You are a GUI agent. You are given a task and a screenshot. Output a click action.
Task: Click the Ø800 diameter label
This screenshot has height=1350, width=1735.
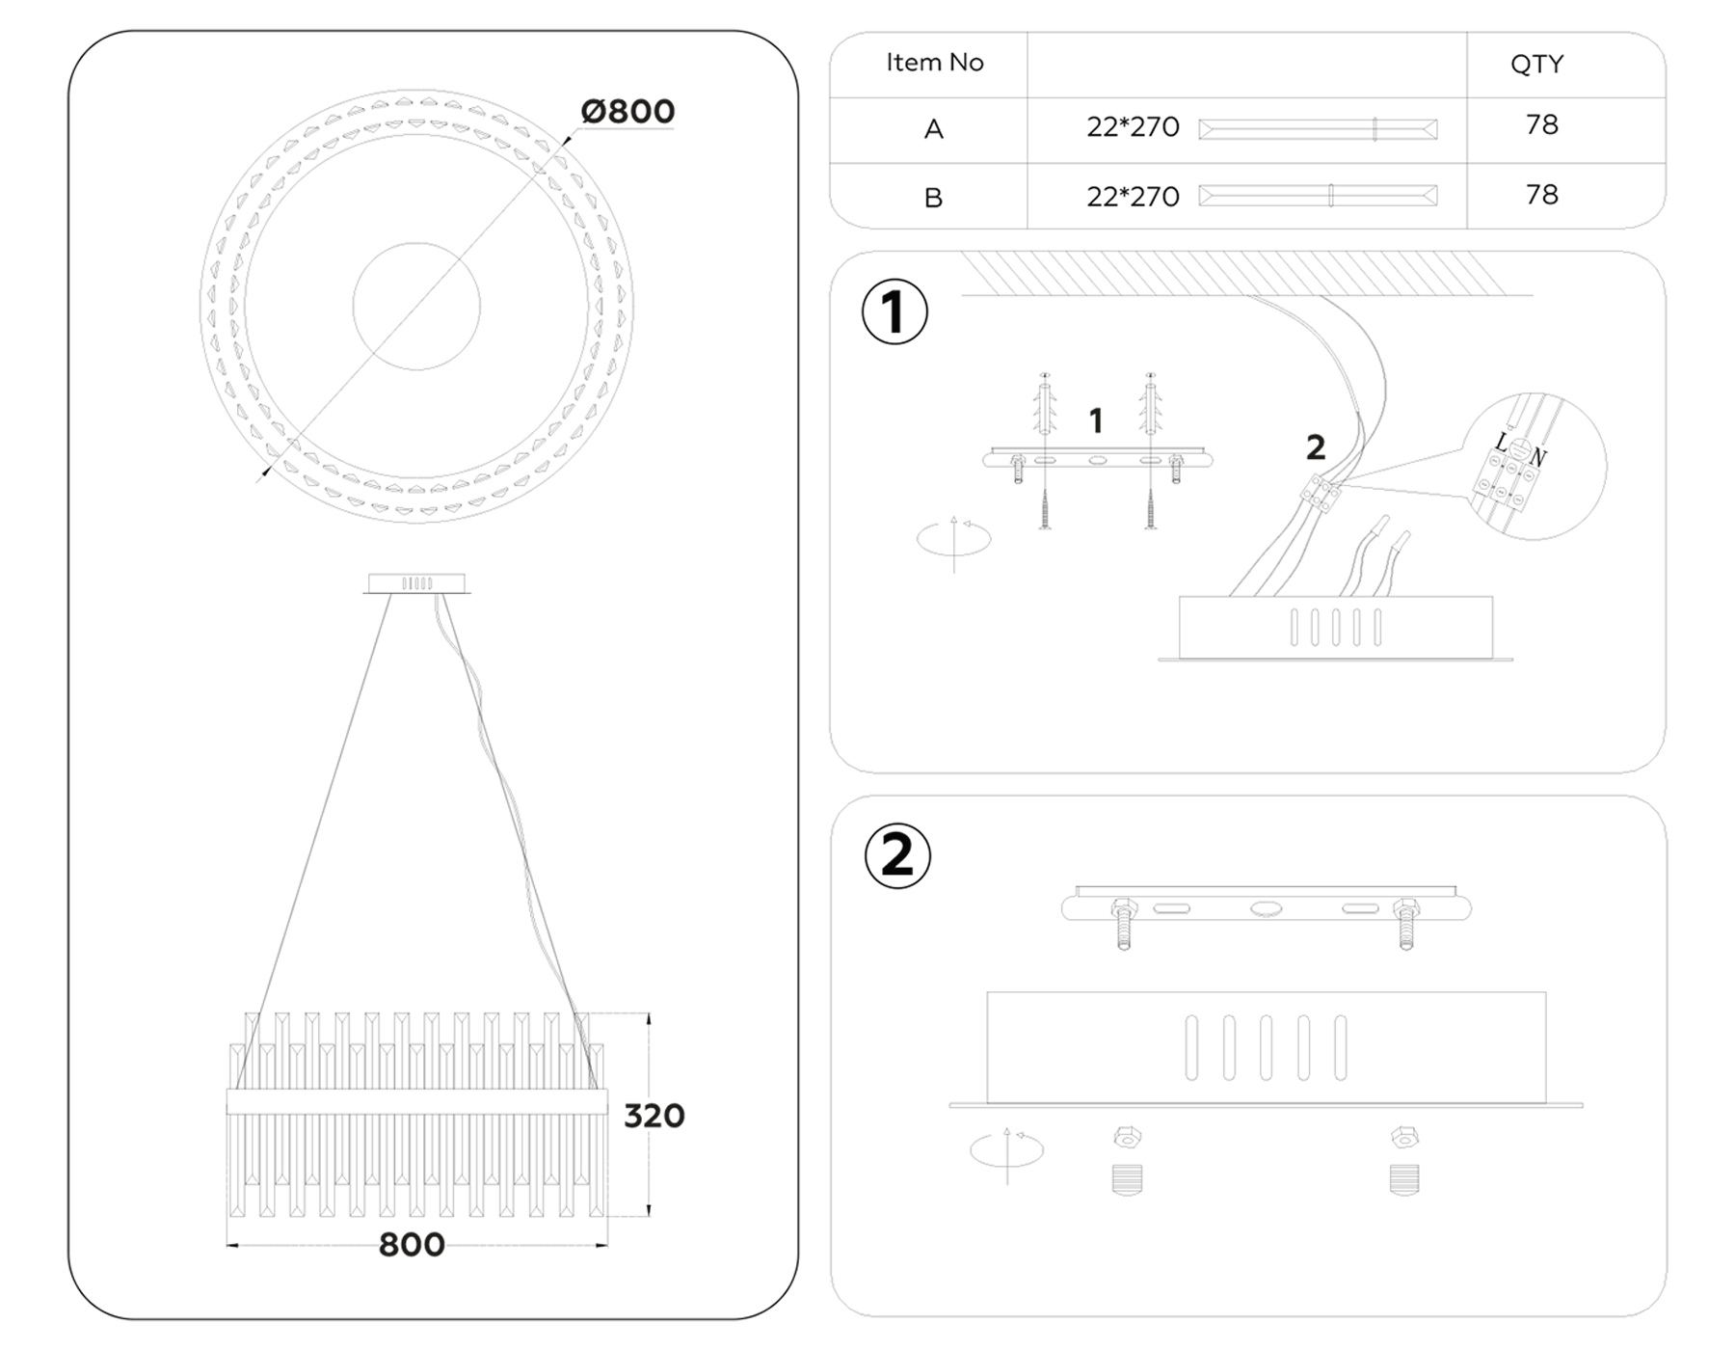pyautogui.click(x=627, y=112)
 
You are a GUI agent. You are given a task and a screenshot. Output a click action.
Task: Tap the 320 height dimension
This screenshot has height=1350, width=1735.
pyautogui.click(x=654, y=1116)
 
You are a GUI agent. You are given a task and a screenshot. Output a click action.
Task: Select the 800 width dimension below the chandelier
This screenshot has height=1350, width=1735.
pyautogui.click(x=412, y=1245)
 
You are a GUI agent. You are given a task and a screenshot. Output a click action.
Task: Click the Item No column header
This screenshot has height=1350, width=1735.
pyautogui.click(x=934, y=63)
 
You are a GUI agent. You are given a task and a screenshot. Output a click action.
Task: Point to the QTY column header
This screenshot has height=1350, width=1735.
pyautogui.click(x=1536, y=65)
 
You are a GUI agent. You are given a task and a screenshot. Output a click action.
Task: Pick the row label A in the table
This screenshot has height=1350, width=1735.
pyautogui.click(x=933, y=130)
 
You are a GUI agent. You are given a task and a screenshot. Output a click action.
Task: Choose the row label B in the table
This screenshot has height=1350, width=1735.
pyautogui.click(x=933, y=198)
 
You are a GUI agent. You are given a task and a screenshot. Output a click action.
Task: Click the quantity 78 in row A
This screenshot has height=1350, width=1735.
pyautogui.click(x=1541, y=125)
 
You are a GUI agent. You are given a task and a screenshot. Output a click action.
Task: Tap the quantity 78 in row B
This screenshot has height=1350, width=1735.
pyautogui.click(x=1541, y=195)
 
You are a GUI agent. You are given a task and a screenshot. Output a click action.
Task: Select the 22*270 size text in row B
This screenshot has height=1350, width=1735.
pyautogui.click(x=1133, y=197)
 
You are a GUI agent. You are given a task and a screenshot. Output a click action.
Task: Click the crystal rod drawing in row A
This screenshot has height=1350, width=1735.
pyautogui.click(x=1318, y=129)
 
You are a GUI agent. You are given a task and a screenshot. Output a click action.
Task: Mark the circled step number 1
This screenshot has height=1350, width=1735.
pyautogui.click(x=894, y=312)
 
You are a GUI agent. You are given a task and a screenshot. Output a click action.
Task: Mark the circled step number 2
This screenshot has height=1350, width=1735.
pyautogui.click(x=897, y=855)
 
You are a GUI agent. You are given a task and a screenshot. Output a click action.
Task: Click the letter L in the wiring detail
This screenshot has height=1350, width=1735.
pyautogui.click(x=1501, y=443)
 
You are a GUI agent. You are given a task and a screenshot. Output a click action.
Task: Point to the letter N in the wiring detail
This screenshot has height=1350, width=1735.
pyautogui.click(x=1537, y=458)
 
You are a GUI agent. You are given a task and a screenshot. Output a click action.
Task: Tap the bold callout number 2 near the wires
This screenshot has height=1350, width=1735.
pyautogui.click(x=1316, y=447)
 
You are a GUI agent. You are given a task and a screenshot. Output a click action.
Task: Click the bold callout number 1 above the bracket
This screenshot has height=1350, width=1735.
pyautogui.click(x=1095, y=420)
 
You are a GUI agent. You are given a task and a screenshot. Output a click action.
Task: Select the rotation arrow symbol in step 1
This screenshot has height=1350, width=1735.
pyautogui.click(x=953, y=540)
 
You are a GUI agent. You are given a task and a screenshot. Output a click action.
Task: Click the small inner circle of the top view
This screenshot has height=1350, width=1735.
pyautogui.click(x=416, y=307)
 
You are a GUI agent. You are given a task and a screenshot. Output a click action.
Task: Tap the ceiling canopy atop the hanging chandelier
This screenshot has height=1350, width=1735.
pyautogui.click(x=416, y=583)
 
